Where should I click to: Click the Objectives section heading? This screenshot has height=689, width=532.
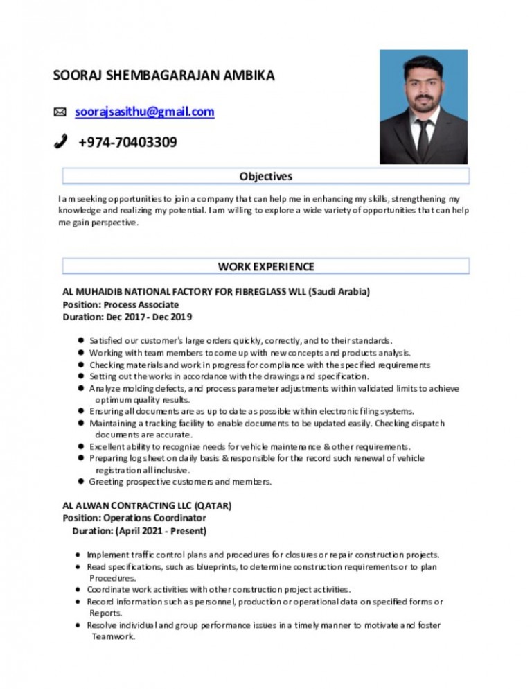click(265, 176)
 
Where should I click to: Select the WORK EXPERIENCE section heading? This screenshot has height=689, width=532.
click(265, 266)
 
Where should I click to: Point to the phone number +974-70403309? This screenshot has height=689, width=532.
click(127, 142)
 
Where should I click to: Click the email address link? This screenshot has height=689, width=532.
click(145, 111)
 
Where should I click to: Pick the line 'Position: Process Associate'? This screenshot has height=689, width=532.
click(121, 304)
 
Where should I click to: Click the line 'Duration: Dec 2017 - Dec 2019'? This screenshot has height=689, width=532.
click(127, 317)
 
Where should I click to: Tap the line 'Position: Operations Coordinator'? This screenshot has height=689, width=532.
click(134, 518)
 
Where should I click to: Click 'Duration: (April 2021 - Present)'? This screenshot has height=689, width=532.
click(139, 531)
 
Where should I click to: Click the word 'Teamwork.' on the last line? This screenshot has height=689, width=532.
click(113, 637)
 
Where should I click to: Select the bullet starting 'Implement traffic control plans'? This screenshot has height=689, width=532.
click(263, 555)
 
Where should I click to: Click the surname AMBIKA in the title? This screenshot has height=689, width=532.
click(249, 76)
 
